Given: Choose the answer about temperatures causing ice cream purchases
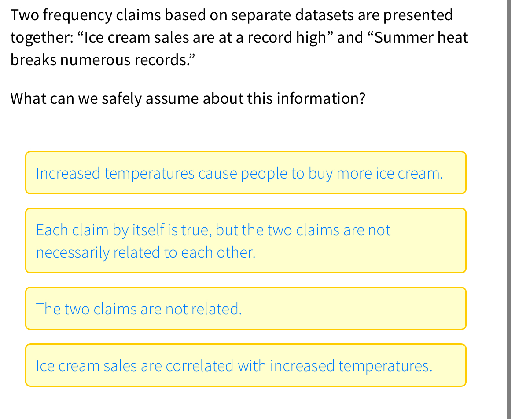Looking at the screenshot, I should (246, 173).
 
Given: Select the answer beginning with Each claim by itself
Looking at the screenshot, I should (246, 240).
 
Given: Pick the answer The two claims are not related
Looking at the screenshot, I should (246, 309).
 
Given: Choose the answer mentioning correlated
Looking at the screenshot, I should (246, 365).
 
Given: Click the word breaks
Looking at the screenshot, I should (33, 59).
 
